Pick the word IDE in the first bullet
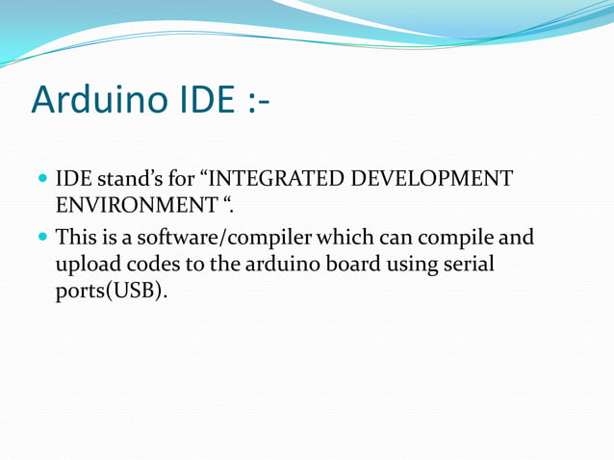[x=73, y=179]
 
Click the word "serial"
[x=471, y=264]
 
